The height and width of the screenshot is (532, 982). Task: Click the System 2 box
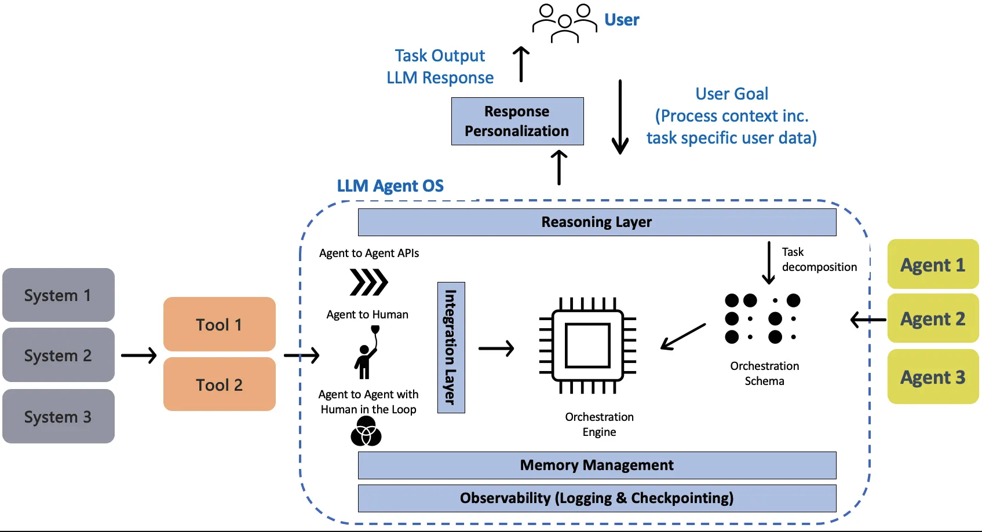pyautogui.click(x=59, y=355)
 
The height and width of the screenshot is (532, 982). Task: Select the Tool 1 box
pyautogui.click(x=219, y=324)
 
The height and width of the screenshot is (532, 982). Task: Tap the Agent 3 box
pyautogui.click(x=933, y=377)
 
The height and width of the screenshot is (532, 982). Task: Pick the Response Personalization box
pyautogui.click(x=517, y=121)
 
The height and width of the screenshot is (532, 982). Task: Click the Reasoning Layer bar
pyautogui.click(x=597, y=222)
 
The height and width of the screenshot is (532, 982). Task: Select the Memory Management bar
pyautogui.click(x=597, y=465)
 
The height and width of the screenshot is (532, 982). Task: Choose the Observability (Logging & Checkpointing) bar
pyautogui.click(x=597, y=498)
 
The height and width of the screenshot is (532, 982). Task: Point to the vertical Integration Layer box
pyautogui.click(x=451, y=347)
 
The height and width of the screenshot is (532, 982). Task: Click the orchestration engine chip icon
pyautogui.click(x=587, y=346)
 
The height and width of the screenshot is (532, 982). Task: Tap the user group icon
pyautogui.click(x=564, y=23)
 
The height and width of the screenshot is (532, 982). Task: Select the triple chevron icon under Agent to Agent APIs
pyautogui.click(x=368, y=282)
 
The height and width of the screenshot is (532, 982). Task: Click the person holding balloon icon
pyautogui.click(x=367, y=352)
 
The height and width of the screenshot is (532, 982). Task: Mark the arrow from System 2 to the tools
pyautogui.click(x=139, y=355)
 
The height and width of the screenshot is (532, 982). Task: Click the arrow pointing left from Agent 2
pyautogui.click(x=868, y=320)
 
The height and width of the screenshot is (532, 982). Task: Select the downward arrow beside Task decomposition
pyautogui.click(x=769, y=263)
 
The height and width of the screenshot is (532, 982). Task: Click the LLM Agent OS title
pyautogui.click(x=390, y=186)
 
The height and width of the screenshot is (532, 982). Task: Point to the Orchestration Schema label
pyautogui.click(x=764, y=373)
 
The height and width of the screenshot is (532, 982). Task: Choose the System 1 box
pyautogui.click(x=59, y=295)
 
